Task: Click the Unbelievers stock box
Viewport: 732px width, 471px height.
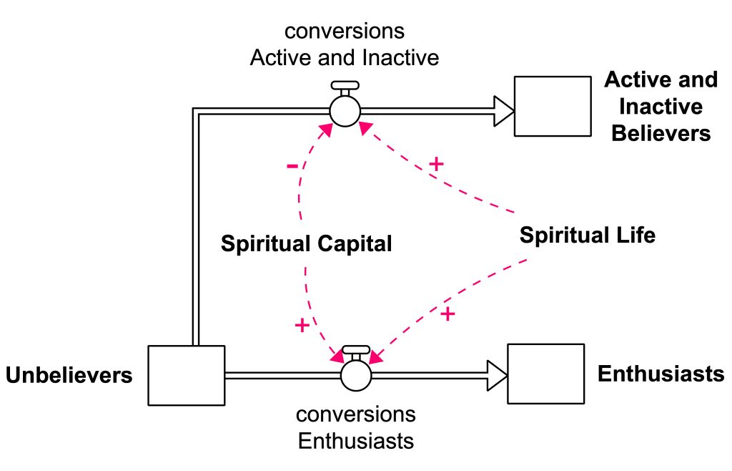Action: point(186,374)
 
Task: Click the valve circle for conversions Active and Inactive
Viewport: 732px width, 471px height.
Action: point(345,111)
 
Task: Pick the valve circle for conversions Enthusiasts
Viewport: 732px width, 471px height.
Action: point(355,374)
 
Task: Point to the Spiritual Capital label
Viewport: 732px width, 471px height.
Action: point(306,243)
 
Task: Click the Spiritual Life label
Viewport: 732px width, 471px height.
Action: point(587,235)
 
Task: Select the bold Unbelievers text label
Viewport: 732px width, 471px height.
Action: point(69,375)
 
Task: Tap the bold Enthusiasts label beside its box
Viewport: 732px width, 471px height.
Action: point(661,374)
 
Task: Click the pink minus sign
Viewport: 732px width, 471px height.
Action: point(292,167)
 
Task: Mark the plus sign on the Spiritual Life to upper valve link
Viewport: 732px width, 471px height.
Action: point(435,164)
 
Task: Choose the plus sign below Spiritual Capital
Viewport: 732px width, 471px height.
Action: point(302,326)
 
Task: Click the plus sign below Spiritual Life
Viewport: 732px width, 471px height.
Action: point(447,314)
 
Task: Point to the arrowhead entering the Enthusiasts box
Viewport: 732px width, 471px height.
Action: point(497,374)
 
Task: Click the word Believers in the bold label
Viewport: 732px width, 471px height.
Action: point(661,133)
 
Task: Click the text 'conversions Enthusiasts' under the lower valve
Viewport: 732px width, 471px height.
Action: point(355,427)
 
